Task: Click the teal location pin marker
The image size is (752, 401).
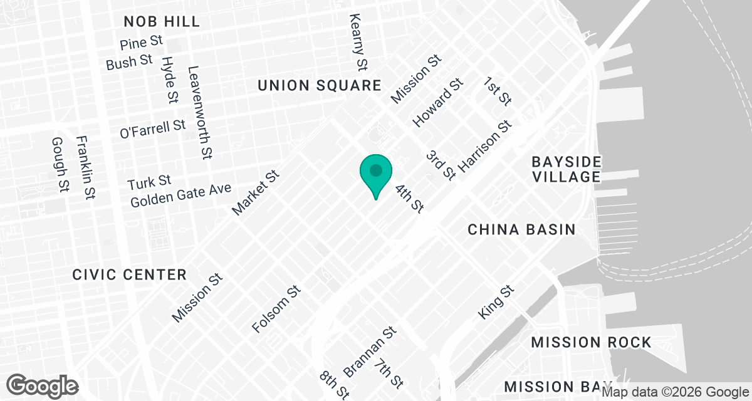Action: (375, 173)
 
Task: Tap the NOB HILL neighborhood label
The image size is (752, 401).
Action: (162, 21)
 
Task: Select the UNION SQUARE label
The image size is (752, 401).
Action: (320, 86)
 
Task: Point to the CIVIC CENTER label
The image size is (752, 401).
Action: (129, 274)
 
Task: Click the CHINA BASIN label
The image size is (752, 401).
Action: (522, 230)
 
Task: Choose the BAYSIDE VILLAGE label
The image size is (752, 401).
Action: (567, 169)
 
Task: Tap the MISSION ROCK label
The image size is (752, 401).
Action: (592, 342)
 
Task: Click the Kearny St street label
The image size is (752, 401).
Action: (358, 41)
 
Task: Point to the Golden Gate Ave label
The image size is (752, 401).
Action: (181, 195)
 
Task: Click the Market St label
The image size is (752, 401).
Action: (254, 194)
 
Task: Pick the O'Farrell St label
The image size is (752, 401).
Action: (153, 129)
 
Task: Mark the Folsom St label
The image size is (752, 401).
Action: (276, 310)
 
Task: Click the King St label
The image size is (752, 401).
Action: (496, 303)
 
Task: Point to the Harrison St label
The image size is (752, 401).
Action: (485, 148)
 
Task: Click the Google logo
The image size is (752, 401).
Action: (43, 385)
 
